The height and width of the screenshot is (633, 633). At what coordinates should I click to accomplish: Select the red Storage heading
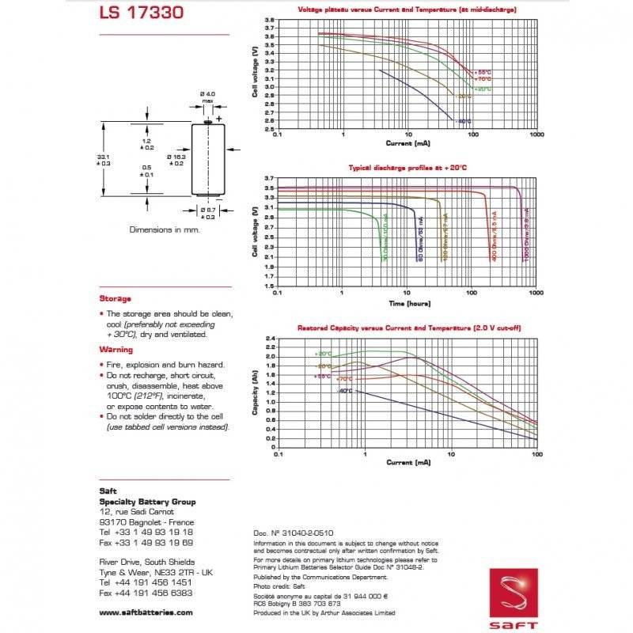coord(116,298)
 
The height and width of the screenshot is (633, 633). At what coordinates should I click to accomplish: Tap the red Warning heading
coord(116,349)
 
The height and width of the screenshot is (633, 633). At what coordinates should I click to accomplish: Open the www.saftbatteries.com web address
coord(146,612)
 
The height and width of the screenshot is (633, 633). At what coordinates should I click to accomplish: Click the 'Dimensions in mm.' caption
coord(165,229)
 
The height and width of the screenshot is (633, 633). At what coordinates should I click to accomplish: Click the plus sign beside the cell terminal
coord(219,118)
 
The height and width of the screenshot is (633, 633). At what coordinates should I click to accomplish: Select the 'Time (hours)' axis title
coord(408,303)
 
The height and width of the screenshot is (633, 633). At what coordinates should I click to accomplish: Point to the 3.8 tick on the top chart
coord(270,20)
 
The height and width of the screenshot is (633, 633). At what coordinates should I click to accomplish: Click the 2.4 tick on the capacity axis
coord(270,339)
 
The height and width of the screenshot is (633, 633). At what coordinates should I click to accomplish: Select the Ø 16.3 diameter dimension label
coord(175,160)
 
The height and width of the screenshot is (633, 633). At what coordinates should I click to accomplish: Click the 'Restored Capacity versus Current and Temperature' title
coord(409,328)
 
